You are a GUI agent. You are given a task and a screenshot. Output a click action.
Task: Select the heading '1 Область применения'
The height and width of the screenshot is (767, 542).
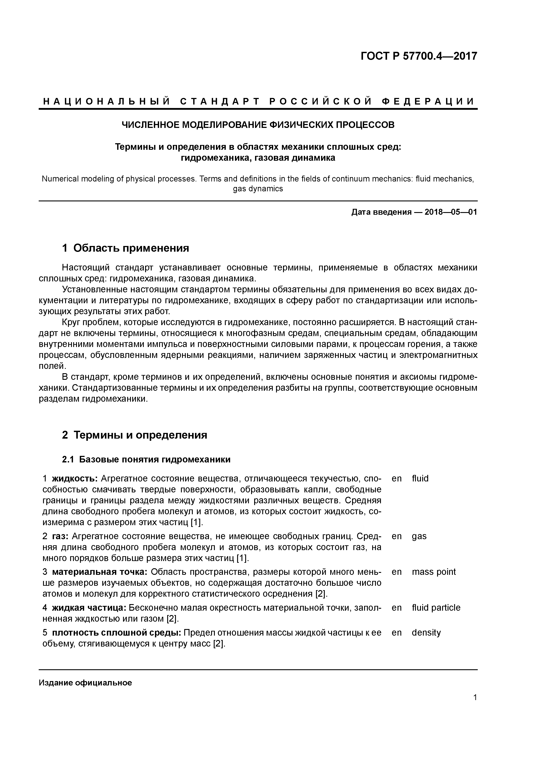126,248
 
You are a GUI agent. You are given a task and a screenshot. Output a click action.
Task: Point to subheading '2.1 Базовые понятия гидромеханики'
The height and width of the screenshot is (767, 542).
146,460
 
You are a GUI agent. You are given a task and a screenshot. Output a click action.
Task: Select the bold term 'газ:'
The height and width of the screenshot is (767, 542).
61,536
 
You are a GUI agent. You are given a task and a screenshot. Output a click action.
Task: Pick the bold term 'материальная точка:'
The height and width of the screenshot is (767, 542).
99,572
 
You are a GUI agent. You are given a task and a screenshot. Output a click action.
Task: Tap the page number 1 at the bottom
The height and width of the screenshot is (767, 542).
475,697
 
